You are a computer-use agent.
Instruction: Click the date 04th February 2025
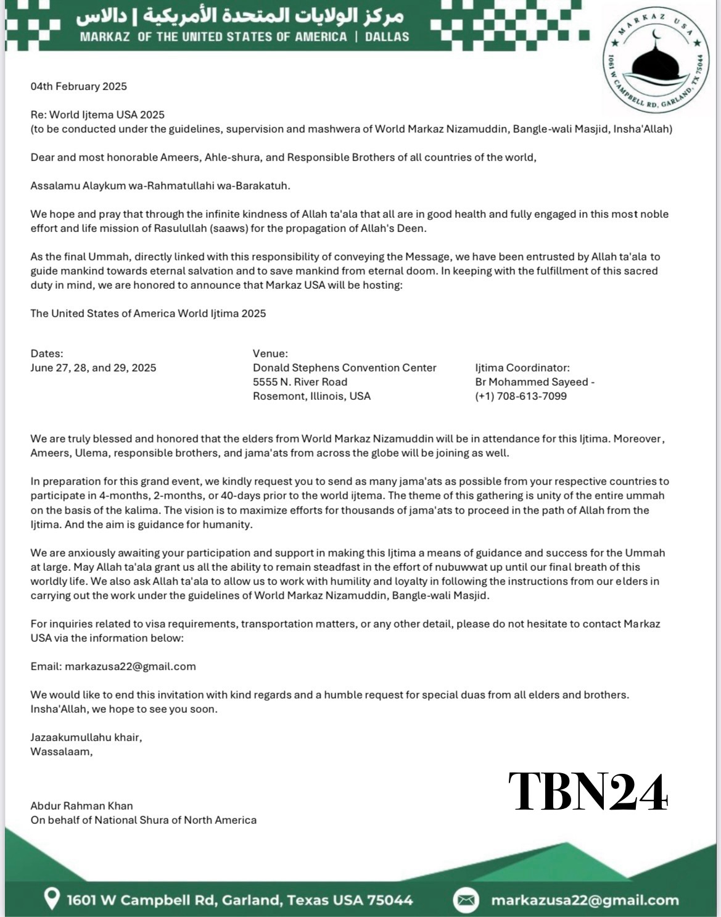(x=79, y=86)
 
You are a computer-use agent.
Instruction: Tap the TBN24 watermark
(x=587, y=792)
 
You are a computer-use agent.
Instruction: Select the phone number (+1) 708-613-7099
(x=521, y=396)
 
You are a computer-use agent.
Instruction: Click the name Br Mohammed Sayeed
(x=532, y=382)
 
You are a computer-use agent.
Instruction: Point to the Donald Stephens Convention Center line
(x=344, y=368)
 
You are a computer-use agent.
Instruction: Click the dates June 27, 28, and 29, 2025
(x=93, y=368)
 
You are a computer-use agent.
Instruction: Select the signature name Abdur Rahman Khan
(x=81, y=805)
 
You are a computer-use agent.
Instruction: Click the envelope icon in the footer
(x=466, y=900)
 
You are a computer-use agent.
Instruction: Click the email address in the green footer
(x=584, y=900)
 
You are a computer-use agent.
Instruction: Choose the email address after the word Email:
(x=130, y=666)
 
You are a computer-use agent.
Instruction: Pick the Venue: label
(x=270, y=354)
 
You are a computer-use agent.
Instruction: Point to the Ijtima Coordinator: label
(x=522, y=368)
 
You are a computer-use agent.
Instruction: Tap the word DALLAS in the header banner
(x=387, y=36)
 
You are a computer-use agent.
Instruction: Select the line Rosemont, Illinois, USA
(x=311, y=396)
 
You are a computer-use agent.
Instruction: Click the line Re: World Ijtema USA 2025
(x=97, y=115)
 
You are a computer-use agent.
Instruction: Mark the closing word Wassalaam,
(x=62, y=752)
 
